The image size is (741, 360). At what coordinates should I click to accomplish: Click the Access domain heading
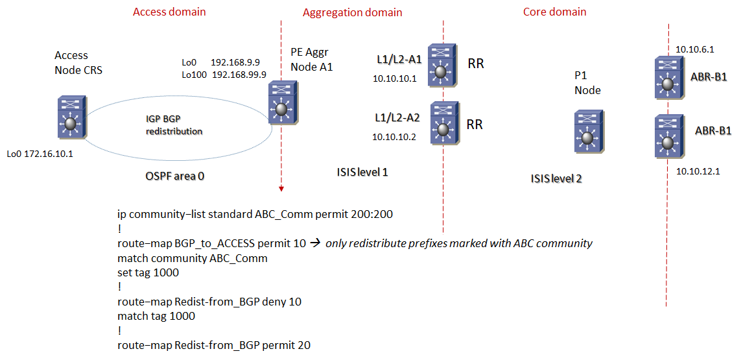tap(169, 12)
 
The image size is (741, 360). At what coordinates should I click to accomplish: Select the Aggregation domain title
tap(352, 12)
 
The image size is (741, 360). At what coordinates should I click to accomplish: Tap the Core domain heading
tap(554, 12)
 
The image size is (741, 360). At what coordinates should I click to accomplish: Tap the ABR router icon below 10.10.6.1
tap(668, 76)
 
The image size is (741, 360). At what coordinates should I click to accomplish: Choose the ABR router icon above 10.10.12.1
tap(668, 136)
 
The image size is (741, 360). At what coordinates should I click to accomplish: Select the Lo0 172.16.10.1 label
tap(40, 154)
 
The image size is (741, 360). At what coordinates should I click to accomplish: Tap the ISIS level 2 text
tap(556, 178)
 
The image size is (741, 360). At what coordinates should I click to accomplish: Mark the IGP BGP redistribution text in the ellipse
tap(174, 125)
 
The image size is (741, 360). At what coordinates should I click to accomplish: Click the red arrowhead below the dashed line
tap(281, 189)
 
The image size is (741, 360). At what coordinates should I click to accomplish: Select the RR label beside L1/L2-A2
tap(475, 124)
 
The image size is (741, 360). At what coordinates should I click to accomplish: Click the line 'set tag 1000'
tap(148, 272)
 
